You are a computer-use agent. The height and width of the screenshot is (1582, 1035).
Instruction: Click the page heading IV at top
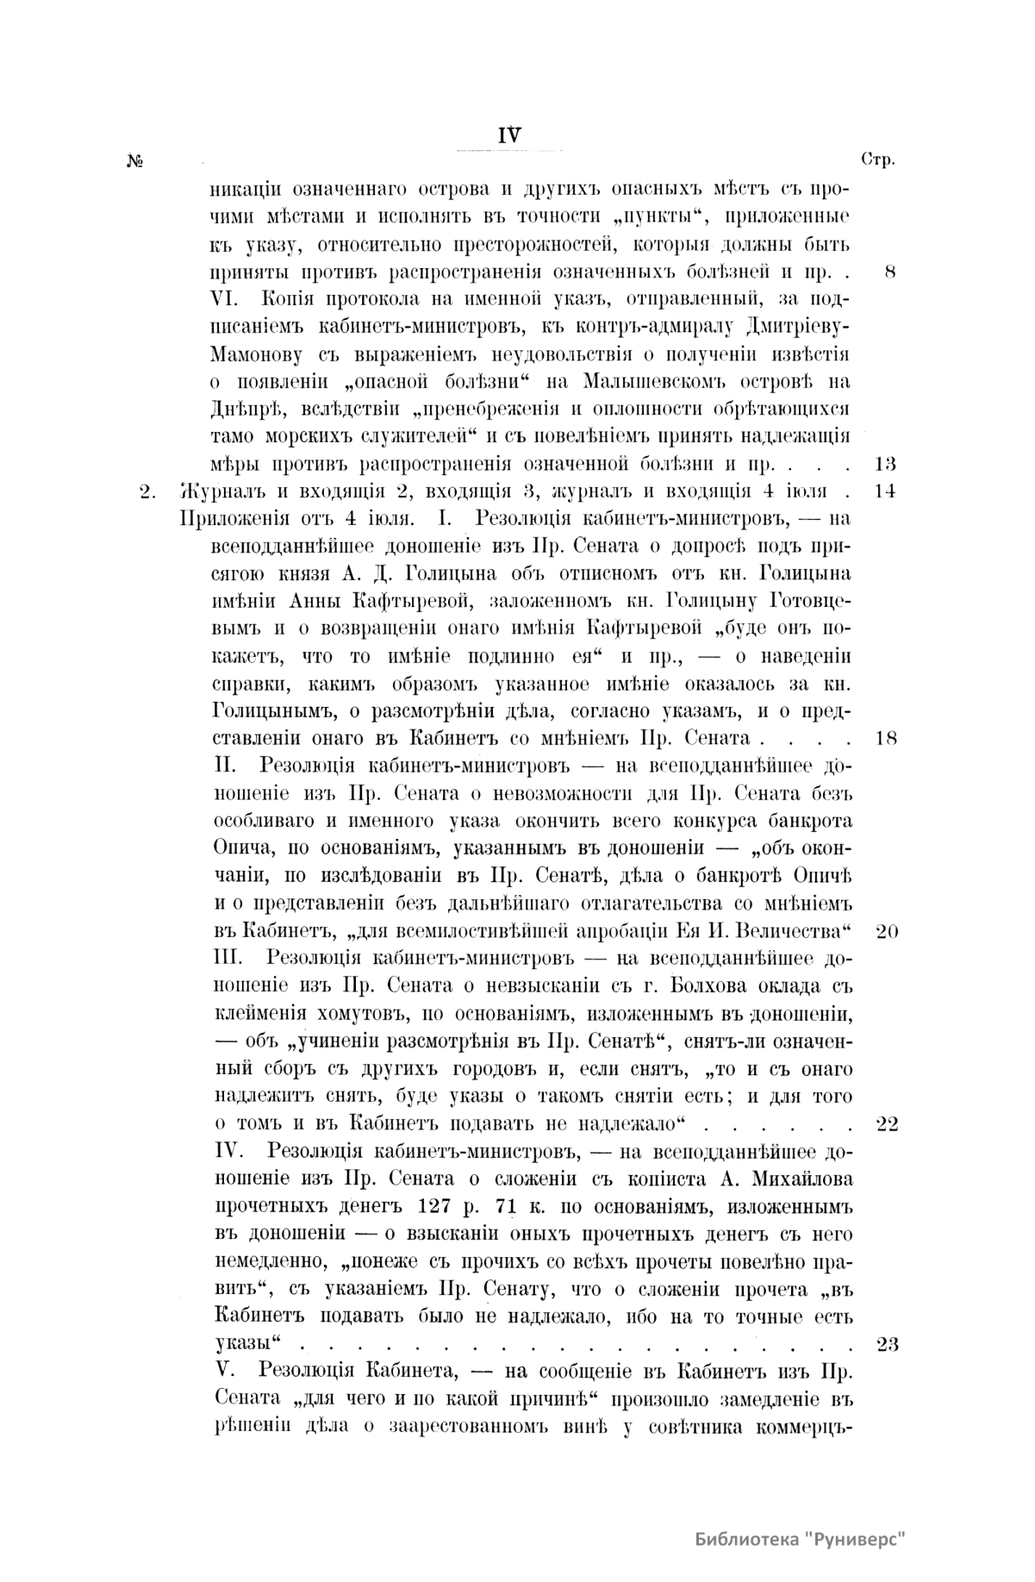[x=509, y=134]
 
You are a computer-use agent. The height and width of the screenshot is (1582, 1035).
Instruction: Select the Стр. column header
[x=878, y=160]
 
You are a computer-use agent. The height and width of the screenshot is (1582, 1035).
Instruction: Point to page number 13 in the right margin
[x=885, y=465]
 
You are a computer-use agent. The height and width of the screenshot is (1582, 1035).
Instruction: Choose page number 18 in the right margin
[x=885, y=739]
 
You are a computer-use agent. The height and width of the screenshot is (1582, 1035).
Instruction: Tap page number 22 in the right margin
[x=887, y=1124]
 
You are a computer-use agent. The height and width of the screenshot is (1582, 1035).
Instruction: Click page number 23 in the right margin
[x=887, y=1344]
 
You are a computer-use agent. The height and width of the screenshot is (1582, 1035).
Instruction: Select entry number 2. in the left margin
[x=147, y=492]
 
